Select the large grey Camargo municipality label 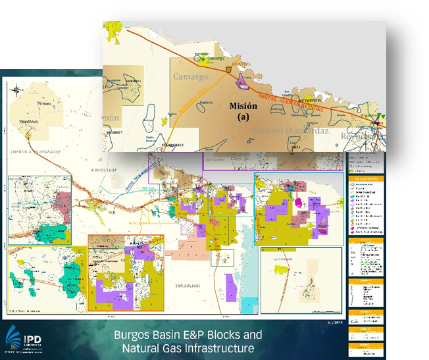pyautogui.click(x=190, y=77)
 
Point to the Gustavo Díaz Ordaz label pyautogui.click(x=291, y=134)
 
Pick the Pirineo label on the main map pyautogui.click(x=44, y=104)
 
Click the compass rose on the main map pyautogui.click(x=17, y=89)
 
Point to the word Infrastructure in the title pyautogui.click(x=220, y=347)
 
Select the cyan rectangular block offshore pyautogui.click(x=249, y=305)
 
